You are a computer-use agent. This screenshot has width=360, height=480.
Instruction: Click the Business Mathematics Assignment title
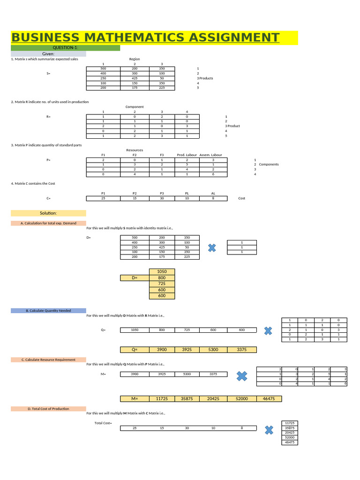[145, 38]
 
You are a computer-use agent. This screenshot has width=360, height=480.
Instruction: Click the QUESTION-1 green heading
[65, 48]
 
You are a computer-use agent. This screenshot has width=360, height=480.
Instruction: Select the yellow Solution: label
[48, 213]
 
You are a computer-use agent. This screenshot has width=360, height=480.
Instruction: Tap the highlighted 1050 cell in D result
[162, 271]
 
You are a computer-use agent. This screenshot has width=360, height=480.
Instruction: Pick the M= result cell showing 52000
[241, 398]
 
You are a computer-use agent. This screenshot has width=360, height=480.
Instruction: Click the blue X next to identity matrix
[212, 247]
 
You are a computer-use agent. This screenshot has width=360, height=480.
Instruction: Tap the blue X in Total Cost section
[269, 429]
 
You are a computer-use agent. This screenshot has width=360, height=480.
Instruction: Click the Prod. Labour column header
[187, 155]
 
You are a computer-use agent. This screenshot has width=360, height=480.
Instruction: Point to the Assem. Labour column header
[211, 155]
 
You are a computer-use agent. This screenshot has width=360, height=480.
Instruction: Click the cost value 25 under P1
[103, 198]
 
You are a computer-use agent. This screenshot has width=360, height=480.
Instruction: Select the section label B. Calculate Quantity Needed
[48, 310]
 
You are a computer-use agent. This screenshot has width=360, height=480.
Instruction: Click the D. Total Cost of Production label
[48, 409]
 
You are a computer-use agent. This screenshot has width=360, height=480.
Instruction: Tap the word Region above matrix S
[135, 59]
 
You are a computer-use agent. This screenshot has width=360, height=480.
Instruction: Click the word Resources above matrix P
[135, 150]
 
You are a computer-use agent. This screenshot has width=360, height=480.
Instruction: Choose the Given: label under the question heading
[48, 54]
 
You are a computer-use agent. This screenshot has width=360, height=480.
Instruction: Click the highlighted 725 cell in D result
[162, 284]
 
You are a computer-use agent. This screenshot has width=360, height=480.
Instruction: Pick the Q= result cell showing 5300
[213, 349]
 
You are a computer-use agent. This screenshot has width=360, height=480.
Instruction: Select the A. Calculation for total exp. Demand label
[48, 223]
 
